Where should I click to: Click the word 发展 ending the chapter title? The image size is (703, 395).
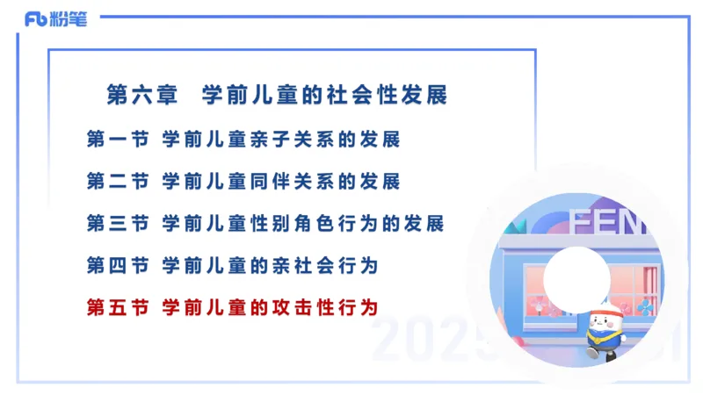click(x=426, y=95)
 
